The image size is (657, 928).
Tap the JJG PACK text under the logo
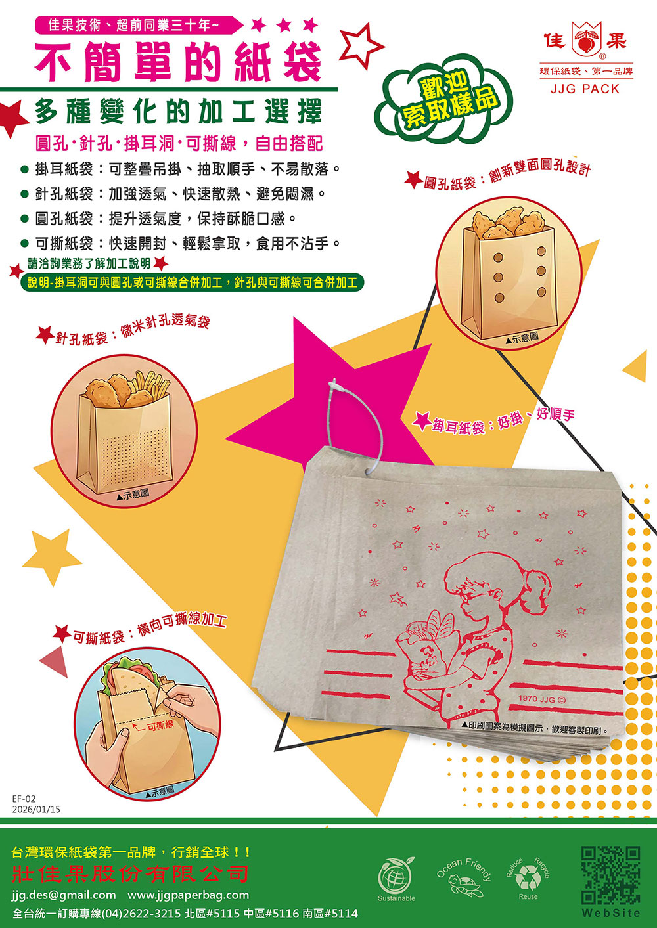(585, 89)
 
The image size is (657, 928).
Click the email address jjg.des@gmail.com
(64, 895)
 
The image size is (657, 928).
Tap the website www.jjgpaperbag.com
(188, 895)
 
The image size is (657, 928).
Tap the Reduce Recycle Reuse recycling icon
(528, 878)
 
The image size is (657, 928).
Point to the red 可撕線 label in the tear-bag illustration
(160, 725)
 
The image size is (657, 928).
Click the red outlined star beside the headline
(361, 45)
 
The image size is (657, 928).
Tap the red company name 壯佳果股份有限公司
(130, 873)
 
